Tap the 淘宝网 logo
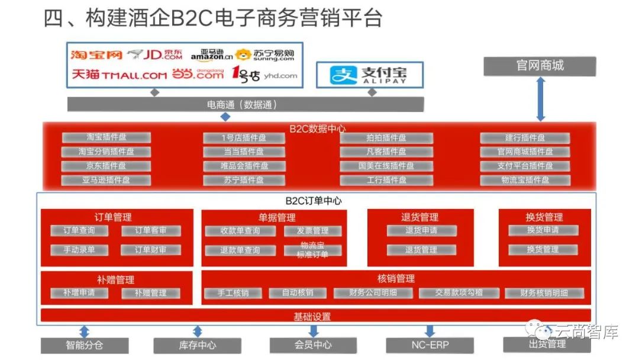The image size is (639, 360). pos(96,55)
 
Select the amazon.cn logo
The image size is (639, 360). pos(211,55)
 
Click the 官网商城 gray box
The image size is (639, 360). pos(540,65)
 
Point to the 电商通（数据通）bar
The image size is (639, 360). pos(245,105)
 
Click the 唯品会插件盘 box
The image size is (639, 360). pos(244,166)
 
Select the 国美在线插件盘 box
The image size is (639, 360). pos(386,166)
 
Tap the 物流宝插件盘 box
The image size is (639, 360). pos(525,180)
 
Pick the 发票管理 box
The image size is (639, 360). pos(313,231)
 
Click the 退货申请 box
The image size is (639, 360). pos(421,230)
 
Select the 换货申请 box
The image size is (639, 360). pos(543,230)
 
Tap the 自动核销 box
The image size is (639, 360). pos(298,292)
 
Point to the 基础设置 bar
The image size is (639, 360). pos(315,316)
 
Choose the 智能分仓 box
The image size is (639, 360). pos(76,345)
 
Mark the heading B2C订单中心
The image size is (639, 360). pos(314,200)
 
